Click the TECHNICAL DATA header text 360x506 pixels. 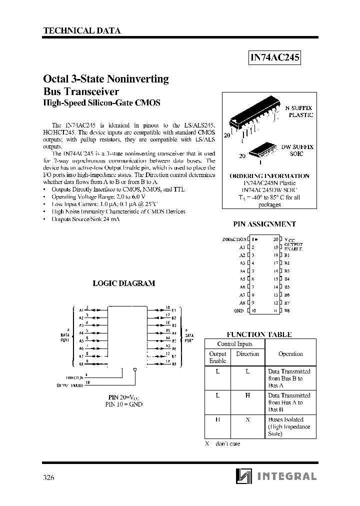[x=82, y=30]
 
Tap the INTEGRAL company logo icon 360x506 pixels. [x=242, y=476]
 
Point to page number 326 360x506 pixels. [x=48, y=477]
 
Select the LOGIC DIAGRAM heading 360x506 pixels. [x=124, y=283]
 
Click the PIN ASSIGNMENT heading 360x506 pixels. [x=264, y=224]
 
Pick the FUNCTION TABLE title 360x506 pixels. [x=259, y=334]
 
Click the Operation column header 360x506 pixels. [x=290, y=353]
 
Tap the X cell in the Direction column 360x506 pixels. [x=247, y=419]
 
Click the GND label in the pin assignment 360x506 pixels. [x=238, y=310]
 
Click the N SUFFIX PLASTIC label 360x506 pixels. [x=299, y=111]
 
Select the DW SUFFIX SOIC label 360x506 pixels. [x=296, y=150]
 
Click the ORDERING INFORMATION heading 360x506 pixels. [x=269, y=176]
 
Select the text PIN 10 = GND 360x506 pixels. [x=124, y=404]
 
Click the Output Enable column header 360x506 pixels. [x=217, y=357]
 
